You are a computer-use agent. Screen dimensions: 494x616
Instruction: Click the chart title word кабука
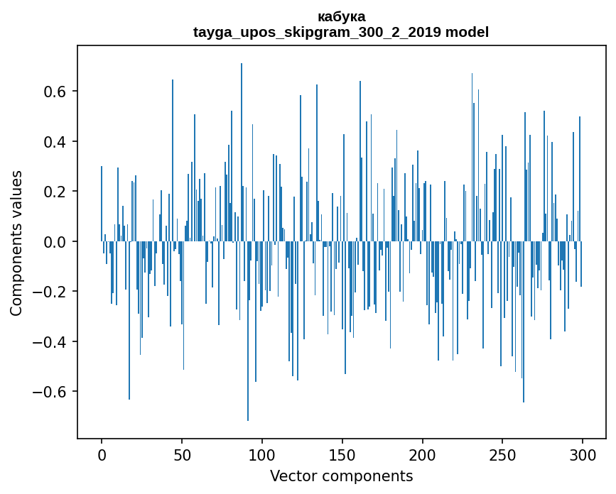click(x=341, y=16)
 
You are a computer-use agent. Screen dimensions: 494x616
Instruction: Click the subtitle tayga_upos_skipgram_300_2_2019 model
click(x=341, y=32)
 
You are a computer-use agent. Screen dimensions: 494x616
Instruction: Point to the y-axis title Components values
click(x=16, y=243)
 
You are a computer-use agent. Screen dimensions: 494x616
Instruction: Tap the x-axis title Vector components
click(x=341, y=476)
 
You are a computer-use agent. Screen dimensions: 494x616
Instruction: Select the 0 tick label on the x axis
click(x=102, y=454)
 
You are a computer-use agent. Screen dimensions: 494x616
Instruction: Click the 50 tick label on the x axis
click(x=182, y=454)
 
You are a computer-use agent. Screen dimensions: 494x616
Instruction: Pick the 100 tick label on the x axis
click(x=262, y=454)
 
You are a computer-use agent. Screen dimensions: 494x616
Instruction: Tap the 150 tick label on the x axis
click(x=342, y=454)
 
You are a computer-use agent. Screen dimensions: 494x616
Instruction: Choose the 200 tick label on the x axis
click(x=423, y=454)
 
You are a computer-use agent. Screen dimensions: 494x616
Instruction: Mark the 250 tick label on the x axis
click(x=502, y=454)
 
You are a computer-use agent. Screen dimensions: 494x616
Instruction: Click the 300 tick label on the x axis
click(x=583, y=454)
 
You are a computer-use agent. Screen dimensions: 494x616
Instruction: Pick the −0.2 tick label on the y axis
click(x=52, y=292)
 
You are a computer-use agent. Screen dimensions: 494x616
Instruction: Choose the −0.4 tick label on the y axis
click(x=52, y=342)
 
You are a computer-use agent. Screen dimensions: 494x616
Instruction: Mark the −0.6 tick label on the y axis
click(x=52, y=392)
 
